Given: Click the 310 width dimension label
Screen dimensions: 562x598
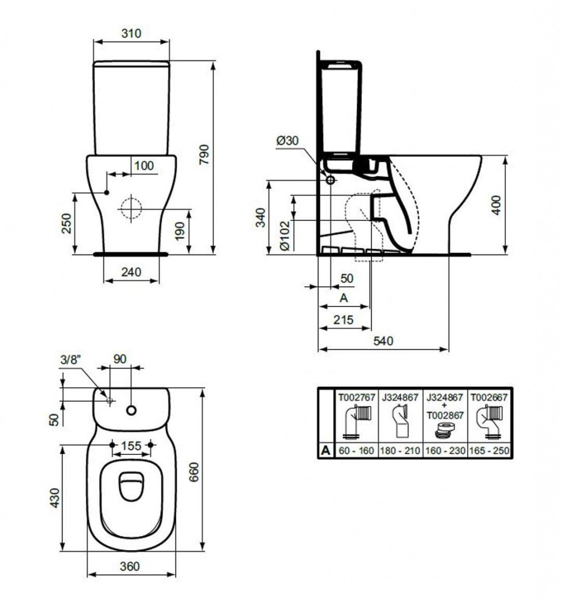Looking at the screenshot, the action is click(131, 33).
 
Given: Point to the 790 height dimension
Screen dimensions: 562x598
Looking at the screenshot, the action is click(205, 154).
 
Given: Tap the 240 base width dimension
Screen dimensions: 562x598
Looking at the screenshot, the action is click(131, 272).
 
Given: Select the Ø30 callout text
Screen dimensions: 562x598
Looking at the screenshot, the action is click(287, 140).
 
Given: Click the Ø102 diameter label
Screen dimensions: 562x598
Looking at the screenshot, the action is click(285, 235).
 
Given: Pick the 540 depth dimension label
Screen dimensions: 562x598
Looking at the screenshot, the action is click(383, 340).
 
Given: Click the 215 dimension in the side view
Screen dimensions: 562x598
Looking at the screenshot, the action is click(344, 319).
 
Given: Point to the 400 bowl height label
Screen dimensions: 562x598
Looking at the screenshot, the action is click(496, 205).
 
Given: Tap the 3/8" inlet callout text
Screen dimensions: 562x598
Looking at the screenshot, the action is click(71, 359).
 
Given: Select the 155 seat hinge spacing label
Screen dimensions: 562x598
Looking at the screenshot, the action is click(131, 446).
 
